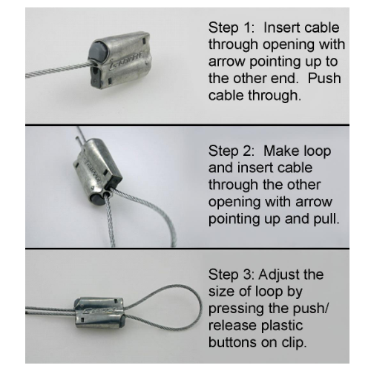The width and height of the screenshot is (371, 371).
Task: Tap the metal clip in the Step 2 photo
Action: (96, 169)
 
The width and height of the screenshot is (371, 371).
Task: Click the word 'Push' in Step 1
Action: (324, 79)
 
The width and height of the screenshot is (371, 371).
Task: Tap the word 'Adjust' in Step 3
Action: (278, 275)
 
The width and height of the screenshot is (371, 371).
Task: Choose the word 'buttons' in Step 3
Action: (229, 343)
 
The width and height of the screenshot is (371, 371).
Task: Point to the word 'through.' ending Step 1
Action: (275, 95)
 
